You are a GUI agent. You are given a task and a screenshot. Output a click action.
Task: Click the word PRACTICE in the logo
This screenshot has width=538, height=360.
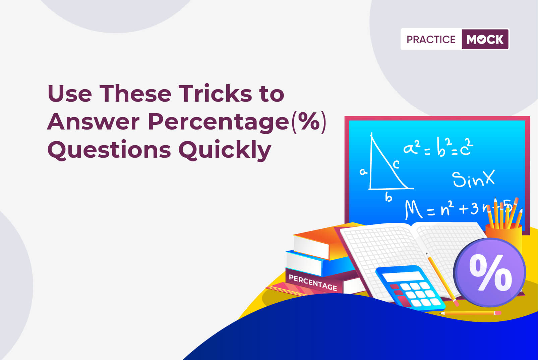point(431,39)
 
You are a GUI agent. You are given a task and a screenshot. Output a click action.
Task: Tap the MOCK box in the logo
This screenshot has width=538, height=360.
point(485,39)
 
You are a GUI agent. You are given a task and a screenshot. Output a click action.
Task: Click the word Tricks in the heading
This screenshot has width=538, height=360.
point(215,93)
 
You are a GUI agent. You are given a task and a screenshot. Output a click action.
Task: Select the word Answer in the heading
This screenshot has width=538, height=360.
point(94,121)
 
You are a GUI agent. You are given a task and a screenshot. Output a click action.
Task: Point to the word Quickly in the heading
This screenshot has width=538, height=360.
point(225,150)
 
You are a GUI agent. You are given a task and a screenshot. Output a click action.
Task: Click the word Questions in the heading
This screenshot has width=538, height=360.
point(109,150)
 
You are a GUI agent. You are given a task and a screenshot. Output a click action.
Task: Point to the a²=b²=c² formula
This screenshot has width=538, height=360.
point(438,147)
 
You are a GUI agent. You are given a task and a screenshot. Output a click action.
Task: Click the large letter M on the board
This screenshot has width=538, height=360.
point(413,209)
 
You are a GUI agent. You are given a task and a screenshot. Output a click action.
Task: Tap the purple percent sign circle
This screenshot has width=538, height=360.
point(489,272)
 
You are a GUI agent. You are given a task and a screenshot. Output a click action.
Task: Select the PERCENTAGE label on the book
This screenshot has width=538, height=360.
point(313,282)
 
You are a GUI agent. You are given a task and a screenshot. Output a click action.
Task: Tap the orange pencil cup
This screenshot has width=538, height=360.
point(504,237)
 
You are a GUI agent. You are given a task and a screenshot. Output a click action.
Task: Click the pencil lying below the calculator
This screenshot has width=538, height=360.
point(470,313)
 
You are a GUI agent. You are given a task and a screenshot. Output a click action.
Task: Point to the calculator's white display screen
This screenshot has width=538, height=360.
point(403,276)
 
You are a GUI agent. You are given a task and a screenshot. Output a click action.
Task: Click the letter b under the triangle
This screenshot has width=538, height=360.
point(388,197)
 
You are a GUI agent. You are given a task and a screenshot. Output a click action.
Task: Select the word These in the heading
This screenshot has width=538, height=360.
point(135,93)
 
